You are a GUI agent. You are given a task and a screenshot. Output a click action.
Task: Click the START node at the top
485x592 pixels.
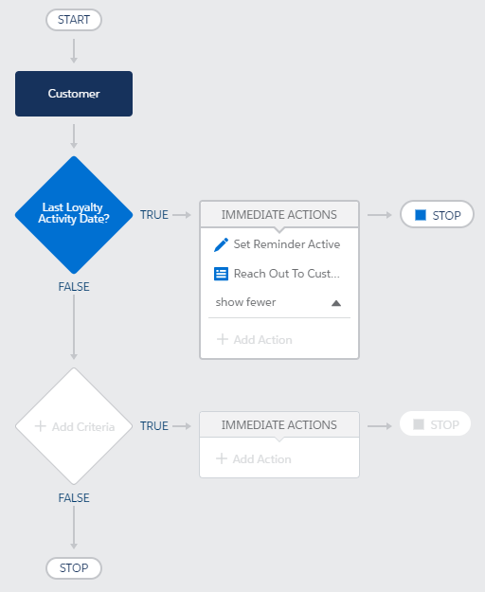tap(74, 20)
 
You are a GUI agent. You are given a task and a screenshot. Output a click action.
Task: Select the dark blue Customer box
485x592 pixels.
tap(74, 94)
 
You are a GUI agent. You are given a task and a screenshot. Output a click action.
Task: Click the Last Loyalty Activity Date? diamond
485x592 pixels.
tap(74, 214)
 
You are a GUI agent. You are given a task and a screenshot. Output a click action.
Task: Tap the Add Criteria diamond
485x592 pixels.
tap(74, 426)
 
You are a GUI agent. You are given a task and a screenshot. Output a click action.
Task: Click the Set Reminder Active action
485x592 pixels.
tap(287, 244)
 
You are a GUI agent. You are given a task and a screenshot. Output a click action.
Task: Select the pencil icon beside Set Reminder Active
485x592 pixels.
tap(221, 244)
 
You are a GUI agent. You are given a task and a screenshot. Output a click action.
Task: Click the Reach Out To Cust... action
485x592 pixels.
tap(286, 274)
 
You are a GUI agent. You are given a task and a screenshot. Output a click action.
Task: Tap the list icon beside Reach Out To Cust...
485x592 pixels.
tap(221, 274)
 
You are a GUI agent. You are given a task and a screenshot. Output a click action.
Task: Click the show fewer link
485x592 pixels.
tap(245, 302)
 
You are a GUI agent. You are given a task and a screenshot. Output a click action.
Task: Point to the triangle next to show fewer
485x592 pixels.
tap(336, 303)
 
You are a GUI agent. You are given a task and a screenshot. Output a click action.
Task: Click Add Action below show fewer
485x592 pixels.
tap(255, 339)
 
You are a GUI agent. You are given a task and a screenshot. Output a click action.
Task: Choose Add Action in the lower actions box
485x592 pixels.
tap(254, 458)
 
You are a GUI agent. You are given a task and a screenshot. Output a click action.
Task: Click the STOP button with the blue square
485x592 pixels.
tap(437, 214)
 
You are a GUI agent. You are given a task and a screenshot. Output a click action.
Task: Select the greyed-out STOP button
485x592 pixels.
tap(435, 423)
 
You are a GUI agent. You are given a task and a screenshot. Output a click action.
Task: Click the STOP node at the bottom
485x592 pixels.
tap(74, 567)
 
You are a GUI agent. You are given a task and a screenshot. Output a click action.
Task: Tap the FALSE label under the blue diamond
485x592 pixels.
tap(74, 287)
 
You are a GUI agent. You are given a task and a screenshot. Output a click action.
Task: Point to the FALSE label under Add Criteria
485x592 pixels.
tap(74, 497)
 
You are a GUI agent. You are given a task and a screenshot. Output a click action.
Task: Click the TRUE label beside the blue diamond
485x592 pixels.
tap(154, 214)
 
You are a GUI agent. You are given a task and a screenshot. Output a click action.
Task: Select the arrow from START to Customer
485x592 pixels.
tap(74, 50)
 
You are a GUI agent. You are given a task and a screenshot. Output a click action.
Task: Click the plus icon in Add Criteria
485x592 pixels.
tap(41, 426)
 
